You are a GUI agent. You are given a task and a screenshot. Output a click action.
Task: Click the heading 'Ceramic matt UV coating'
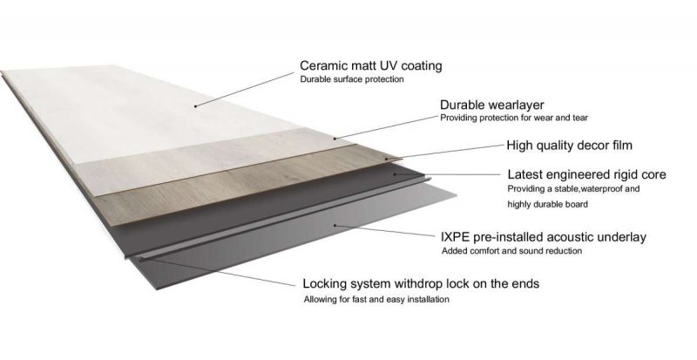(370, 65)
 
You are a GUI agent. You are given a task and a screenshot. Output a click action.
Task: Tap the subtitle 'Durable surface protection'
(352, 80)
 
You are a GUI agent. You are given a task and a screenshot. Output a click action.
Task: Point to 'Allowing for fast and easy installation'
(376, 300)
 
